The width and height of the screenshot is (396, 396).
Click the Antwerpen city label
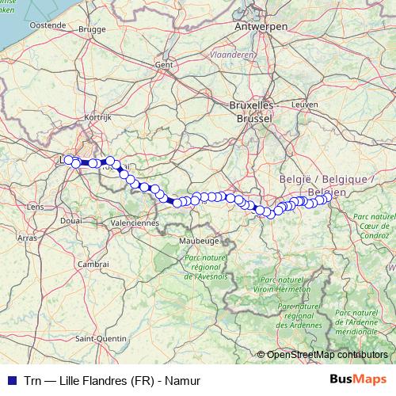(259, 26)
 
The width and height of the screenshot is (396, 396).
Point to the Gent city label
(164, 64)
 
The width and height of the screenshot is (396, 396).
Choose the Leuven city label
(304, 104)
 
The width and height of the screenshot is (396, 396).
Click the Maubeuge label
(199, 239)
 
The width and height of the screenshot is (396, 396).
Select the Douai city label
(70, 221)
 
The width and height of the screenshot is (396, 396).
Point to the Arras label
(28, 237)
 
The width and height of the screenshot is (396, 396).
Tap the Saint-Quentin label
(101, 338)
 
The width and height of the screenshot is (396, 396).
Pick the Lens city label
(36, 207)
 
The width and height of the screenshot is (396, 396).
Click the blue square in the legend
(10, 381)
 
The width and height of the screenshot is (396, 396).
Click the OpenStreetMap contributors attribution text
(326, 355)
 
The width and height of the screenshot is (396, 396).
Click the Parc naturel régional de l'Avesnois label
(206, 267)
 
